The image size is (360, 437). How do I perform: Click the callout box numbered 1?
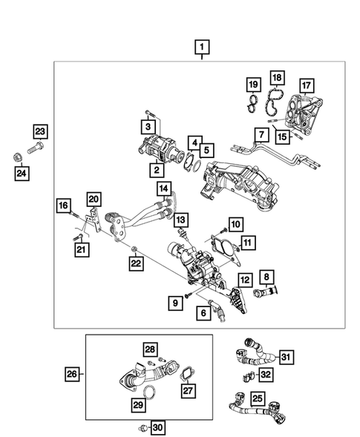pos(201,50)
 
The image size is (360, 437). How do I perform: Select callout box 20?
pos(93,198)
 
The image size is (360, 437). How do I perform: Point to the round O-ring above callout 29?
pos(148,391)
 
